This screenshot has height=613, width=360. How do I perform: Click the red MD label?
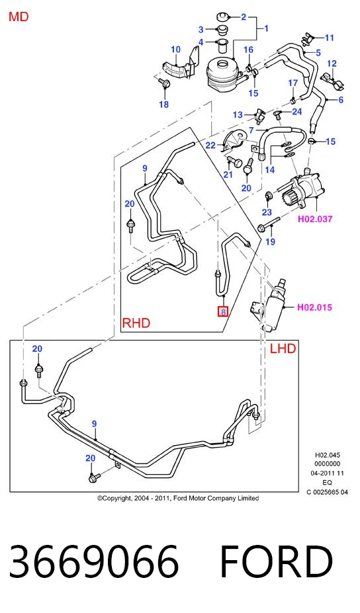(19, 17)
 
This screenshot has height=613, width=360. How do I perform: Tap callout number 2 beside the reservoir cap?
(244, 17)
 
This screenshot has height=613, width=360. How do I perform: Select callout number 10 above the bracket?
(175, 49)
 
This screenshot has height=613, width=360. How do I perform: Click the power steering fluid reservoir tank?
(223, 73)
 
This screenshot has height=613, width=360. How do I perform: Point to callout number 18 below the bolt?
(164, 104)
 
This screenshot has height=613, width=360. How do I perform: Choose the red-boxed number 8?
(223, 312)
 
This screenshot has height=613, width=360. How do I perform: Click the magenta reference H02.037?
(315, 219)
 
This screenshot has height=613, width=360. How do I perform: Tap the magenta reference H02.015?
(314, 307)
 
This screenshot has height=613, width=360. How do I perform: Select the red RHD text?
(136, 323)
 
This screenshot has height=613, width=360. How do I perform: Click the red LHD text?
(283, 348)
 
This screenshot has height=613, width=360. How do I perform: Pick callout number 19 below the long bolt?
(271, 241)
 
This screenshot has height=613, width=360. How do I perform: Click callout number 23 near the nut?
(267, 212)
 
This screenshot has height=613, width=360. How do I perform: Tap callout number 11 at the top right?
(330, 38)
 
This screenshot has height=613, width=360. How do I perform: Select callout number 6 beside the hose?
(341, 100)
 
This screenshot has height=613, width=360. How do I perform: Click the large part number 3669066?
(94, 561)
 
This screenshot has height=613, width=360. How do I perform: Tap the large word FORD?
(276, 561)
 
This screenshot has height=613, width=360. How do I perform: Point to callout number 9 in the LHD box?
(94, 424)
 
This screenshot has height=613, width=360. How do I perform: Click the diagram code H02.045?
(328, 455)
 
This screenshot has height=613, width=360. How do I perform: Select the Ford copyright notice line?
(178, 499)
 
